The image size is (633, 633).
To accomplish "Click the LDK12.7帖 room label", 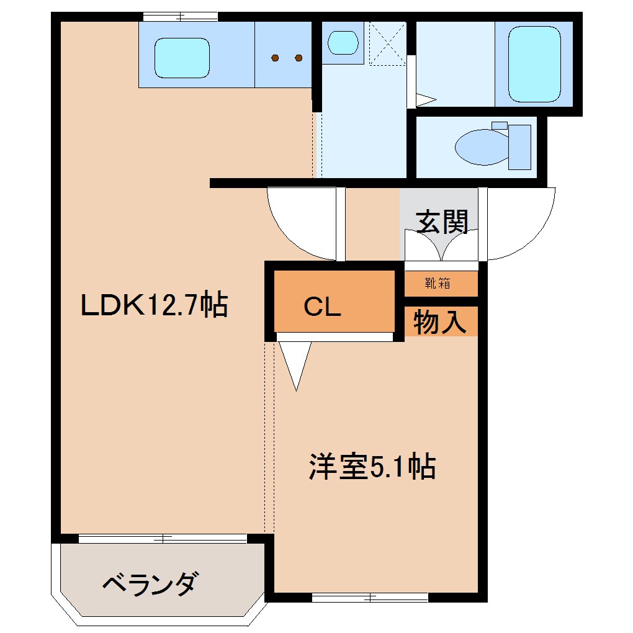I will click(155, 305).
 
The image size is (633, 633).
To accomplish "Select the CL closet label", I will click(322, 307).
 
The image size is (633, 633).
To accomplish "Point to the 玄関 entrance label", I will click(442, 222).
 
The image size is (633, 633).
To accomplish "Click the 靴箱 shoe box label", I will click(438, 284).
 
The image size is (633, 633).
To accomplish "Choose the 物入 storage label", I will click(440, 323).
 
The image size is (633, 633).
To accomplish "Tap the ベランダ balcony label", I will click(151, 584).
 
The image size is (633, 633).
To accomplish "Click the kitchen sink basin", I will click(181, 58).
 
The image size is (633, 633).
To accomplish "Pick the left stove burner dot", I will click(276, 58).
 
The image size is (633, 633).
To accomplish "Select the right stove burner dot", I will click(299, 58).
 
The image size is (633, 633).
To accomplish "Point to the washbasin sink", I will click(343, 43).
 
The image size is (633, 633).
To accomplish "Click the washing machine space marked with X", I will click(387, 43).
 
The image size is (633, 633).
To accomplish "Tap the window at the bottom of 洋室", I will click(370, 598).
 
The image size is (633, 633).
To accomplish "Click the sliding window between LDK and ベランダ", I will click(163, 539).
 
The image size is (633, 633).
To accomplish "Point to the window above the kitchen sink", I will click(180, 17).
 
